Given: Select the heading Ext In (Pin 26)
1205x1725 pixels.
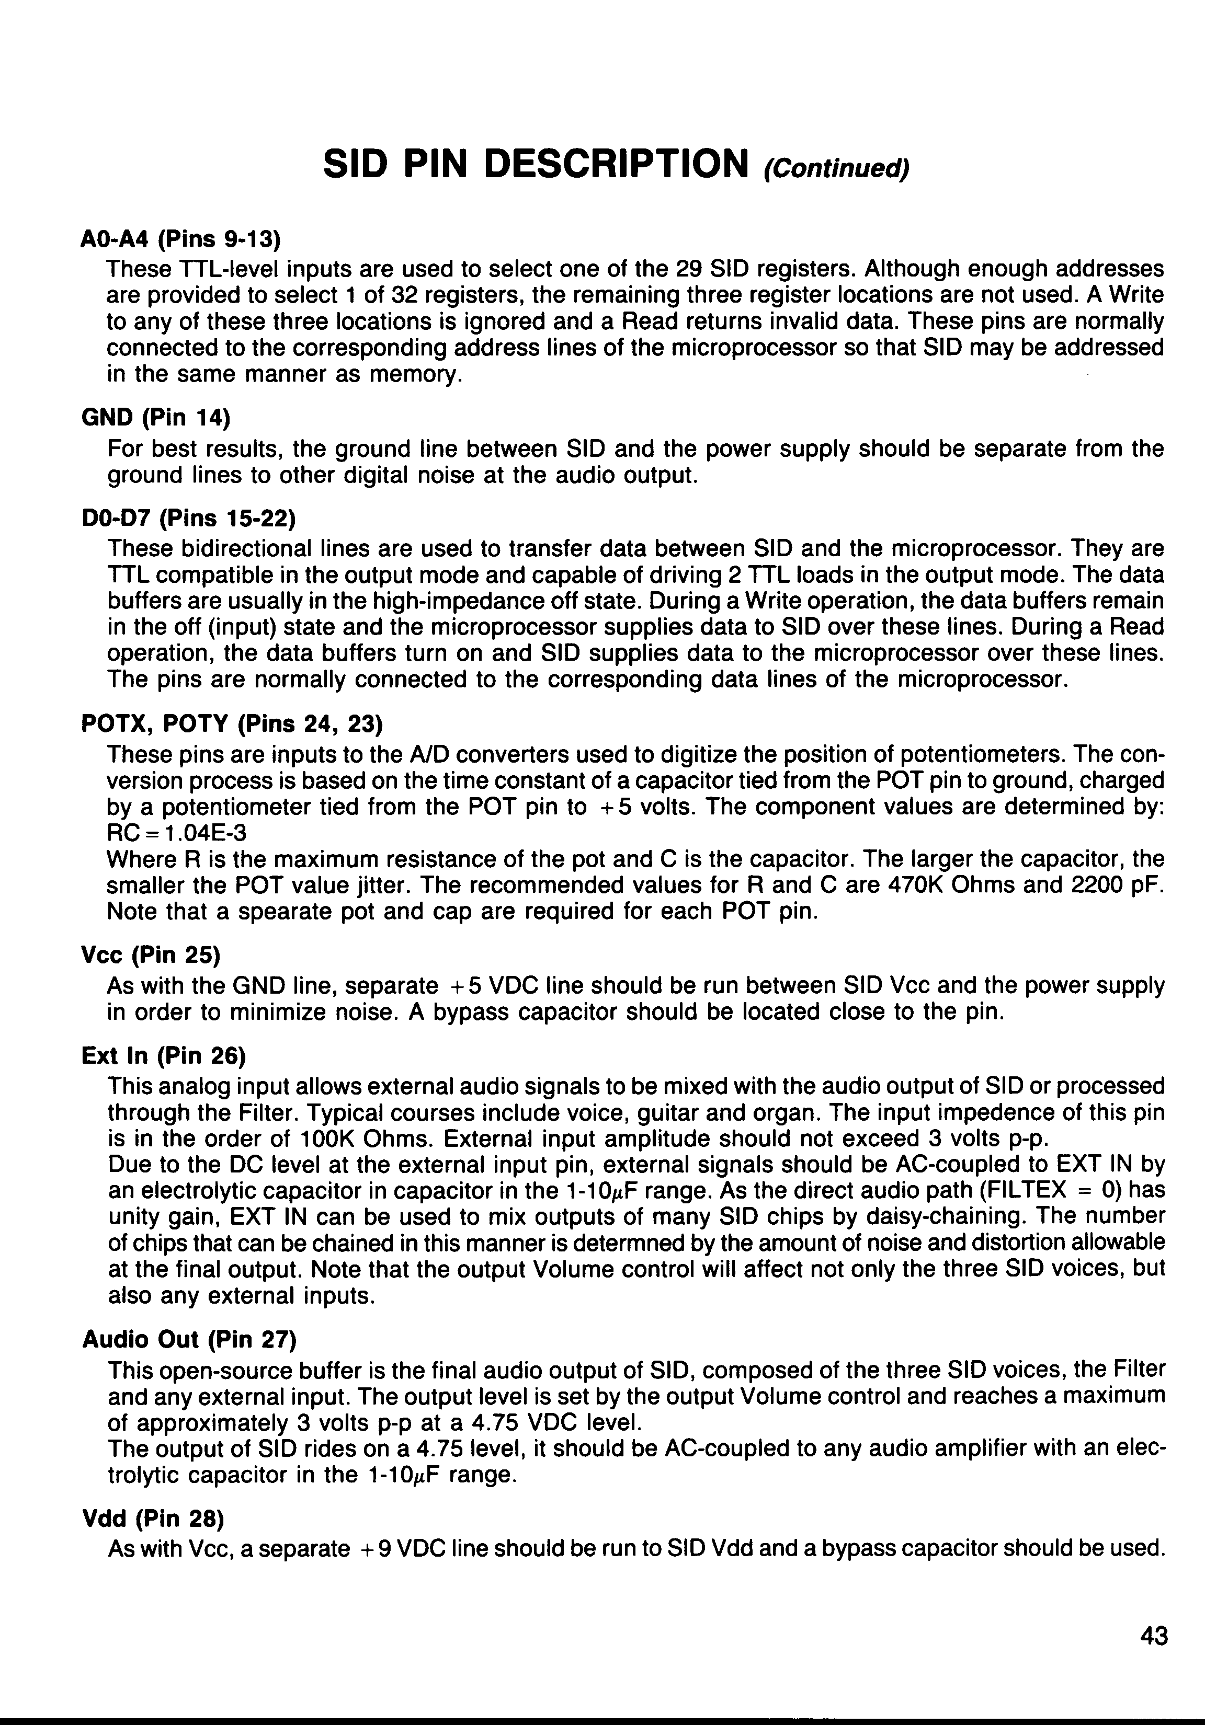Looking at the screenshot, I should pos(163,1056).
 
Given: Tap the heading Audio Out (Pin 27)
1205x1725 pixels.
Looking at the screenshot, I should pos(189,1339).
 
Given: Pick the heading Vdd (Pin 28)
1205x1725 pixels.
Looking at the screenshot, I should pos(153,1519).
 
